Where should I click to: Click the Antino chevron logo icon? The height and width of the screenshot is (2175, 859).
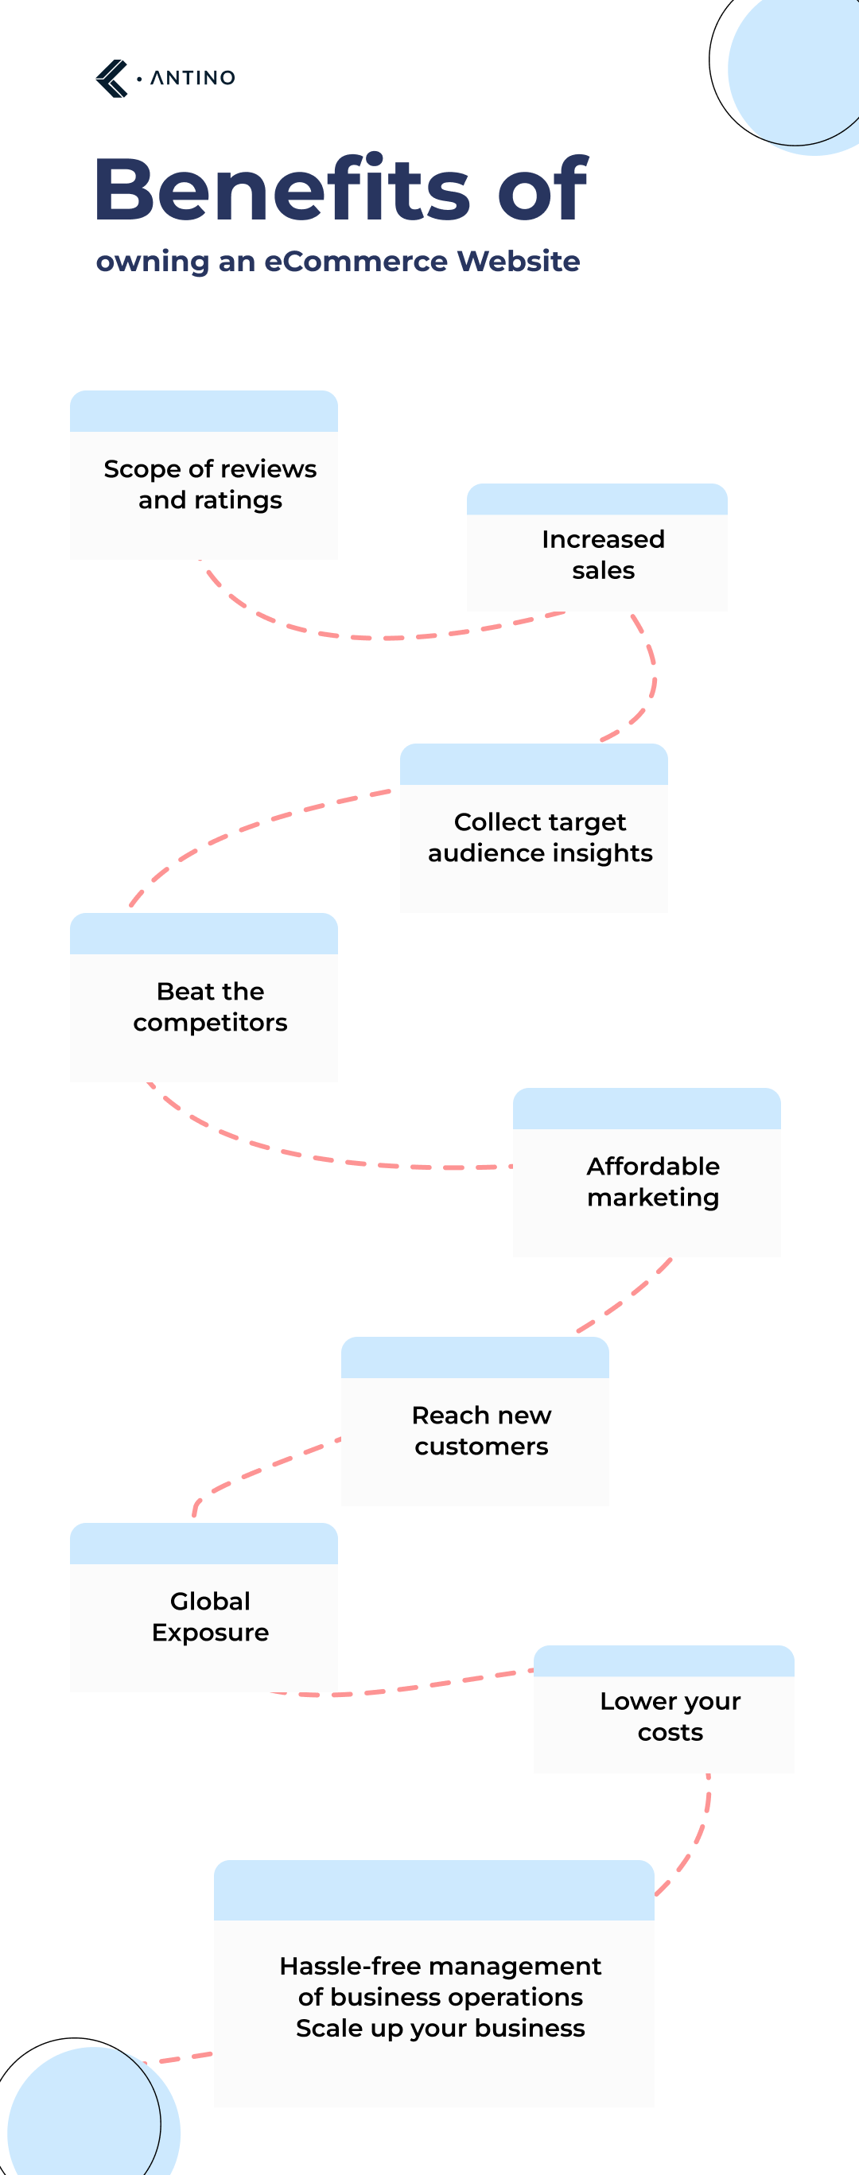pos(111,79)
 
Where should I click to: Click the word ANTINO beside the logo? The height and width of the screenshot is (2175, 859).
pos(192,78)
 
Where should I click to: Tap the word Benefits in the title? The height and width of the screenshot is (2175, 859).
pos(281,189)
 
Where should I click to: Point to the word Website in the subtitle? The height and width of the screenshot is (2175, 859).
pos(518,262)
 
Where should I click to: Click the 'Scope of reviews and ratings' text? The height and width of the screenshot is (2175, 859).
pos(209,484)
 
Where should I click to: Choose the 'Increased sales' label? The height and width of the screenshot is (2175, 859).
pos(602,555)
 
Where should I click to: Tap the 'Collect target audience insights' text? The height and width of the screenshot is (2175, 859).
pos(540,837)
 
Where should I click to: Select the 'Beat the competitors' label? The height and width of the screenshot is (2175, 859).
pos(209,1007)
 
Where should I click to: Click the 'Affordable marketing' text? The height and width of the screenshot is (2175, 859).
pos(653,1181)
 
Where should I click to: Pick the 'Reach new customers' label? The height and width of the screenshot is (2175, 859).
pos(480,1431)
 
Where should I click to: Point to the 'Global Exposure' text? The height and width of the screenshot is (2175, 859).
pos(209,1616)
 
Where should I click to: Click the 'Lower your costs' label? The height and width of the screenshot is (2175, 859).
pos(670,1715)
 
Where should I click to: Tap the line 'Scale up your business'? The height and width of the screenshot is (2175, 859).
pos(440,2028)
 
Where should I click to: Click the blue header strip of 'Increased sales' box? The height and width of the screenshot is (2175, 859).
pos(597,500)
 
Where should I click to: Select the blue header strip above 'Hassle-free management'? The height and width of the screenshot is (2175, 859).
pos(433,1890)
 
